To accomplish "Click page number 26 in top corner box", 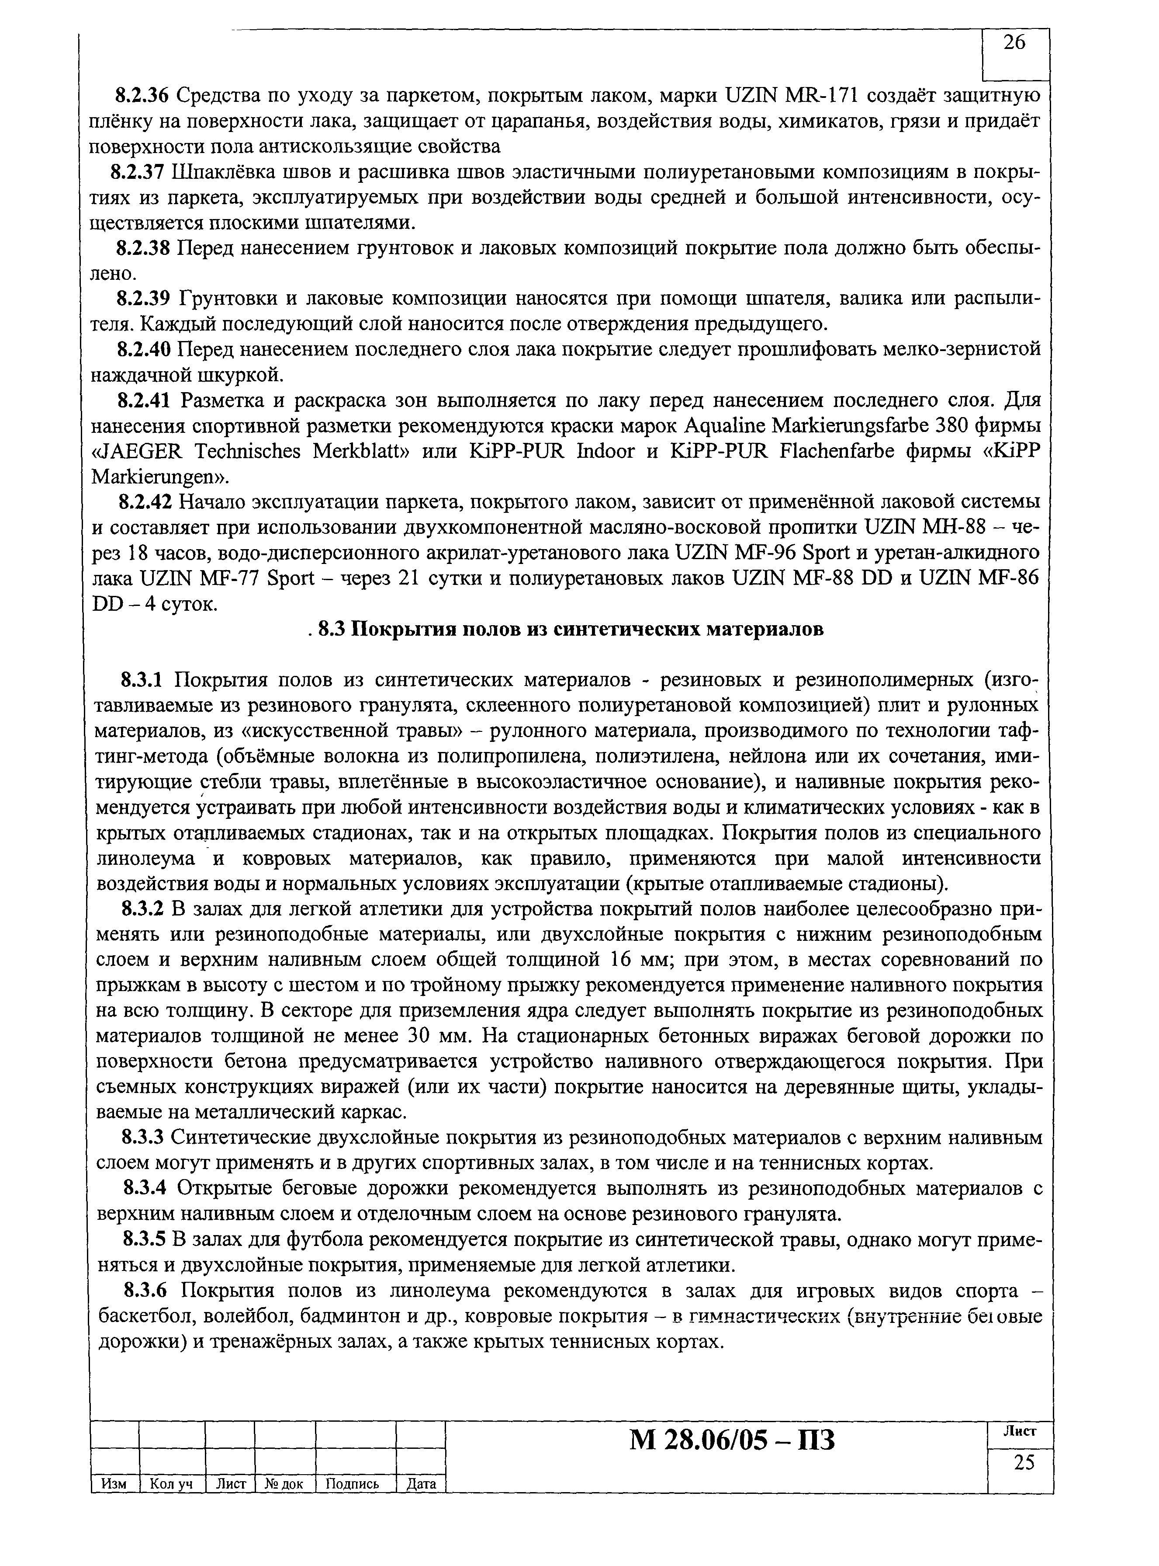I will pyautogui.click(x=1014, y=44).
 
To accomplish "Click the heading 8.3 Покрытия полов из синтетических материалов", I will pyautogui.click(x=570, y=630).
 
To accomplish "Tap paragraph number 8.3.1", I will pyautogui.click(x=142, y=679).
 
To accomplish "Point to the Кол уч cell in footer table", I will pyautogui.click(x=171, y=1484).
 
